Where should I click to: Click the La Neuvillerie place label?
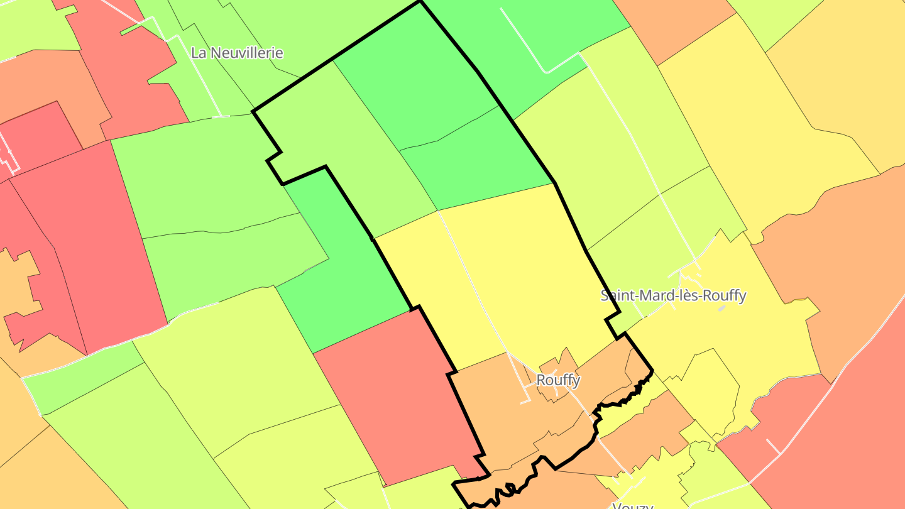pos(237,53)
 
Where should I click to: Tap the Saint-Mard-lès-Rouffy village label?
pos(673,295)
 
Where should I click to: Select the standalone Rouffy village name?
pos(558,380)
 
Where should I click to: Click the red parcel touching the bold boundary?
pos(396,396)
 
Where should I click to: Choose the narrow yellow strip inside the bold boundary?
pos(434,295)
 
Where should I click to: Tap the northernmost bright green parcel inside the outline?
pos(415,82)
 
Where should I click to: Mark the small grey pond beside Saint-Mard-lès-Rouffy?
pos(722,309)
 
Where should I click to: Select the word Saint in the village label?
pos(617,295)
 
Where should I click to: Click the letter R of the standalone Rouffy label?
pos(540,380)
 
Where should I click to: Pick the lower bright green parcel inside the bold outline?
pos(478,157)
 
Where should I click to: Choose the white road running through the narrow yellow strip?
pos(471,283)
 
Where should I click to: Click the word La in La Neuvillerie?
pos(199,53)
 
